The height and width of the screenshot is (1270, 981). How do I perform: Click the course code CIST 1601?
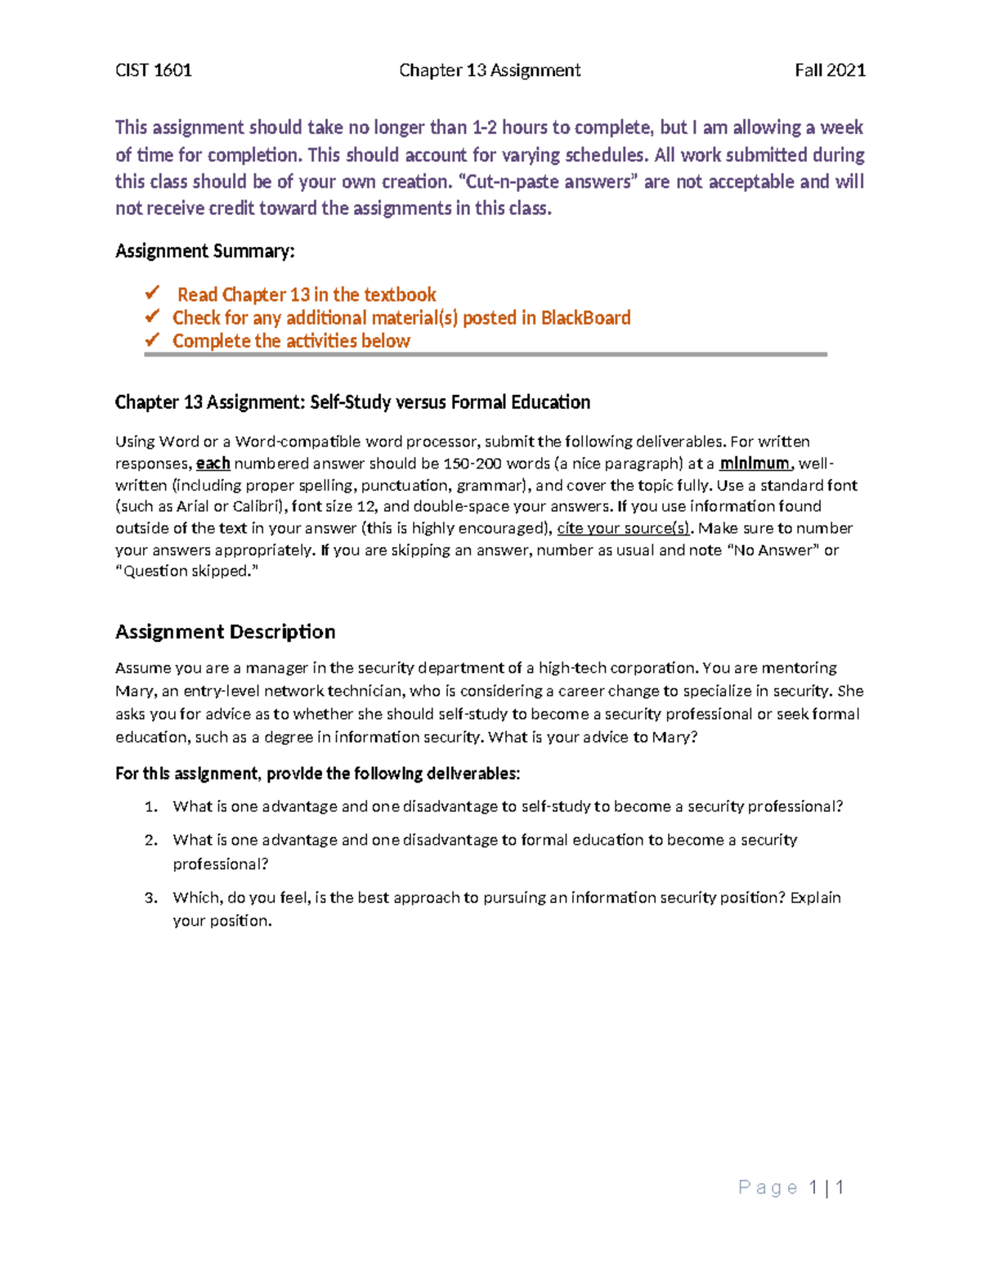click(x=154, y=70)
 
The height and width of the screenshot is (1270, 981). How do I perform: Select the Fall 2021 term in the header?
click(x=830, y=70)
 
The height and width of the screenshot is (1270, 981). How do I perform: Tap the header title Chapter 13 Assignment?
click(x=490, y=70)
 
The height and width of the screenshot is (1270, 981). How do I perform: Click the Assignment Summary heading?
click(x=204, y=251)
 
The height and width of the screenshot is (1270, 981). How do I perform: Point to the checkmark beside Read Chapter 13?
click(x=152, y=293)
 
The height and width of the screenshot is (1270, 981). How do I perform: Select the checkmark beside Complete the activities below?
click(x=152, y=339)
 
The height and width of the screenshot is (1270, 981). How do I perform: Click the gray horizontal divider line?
click(x=486, y=355)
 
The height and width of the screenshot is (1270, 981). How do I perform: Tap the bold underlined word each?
click(x=213, y=464)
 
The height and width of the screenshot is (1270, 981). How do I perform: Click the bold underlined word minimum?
click(x=754, y=464)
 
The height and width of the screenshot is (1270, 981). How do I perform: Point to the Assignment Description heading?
click(x=225, y=631)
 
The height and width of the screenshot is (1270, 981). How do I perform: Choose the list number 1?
click(x=150, y=807)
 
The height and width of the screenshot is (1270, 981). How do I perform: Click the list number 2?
click(x=150, y=840)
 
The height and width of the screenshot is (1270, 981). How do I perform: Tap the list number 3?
click(x=150, y=898)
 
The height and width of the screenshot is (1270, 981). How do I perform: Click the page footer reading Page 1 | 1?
click(x=791, y=1187)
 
